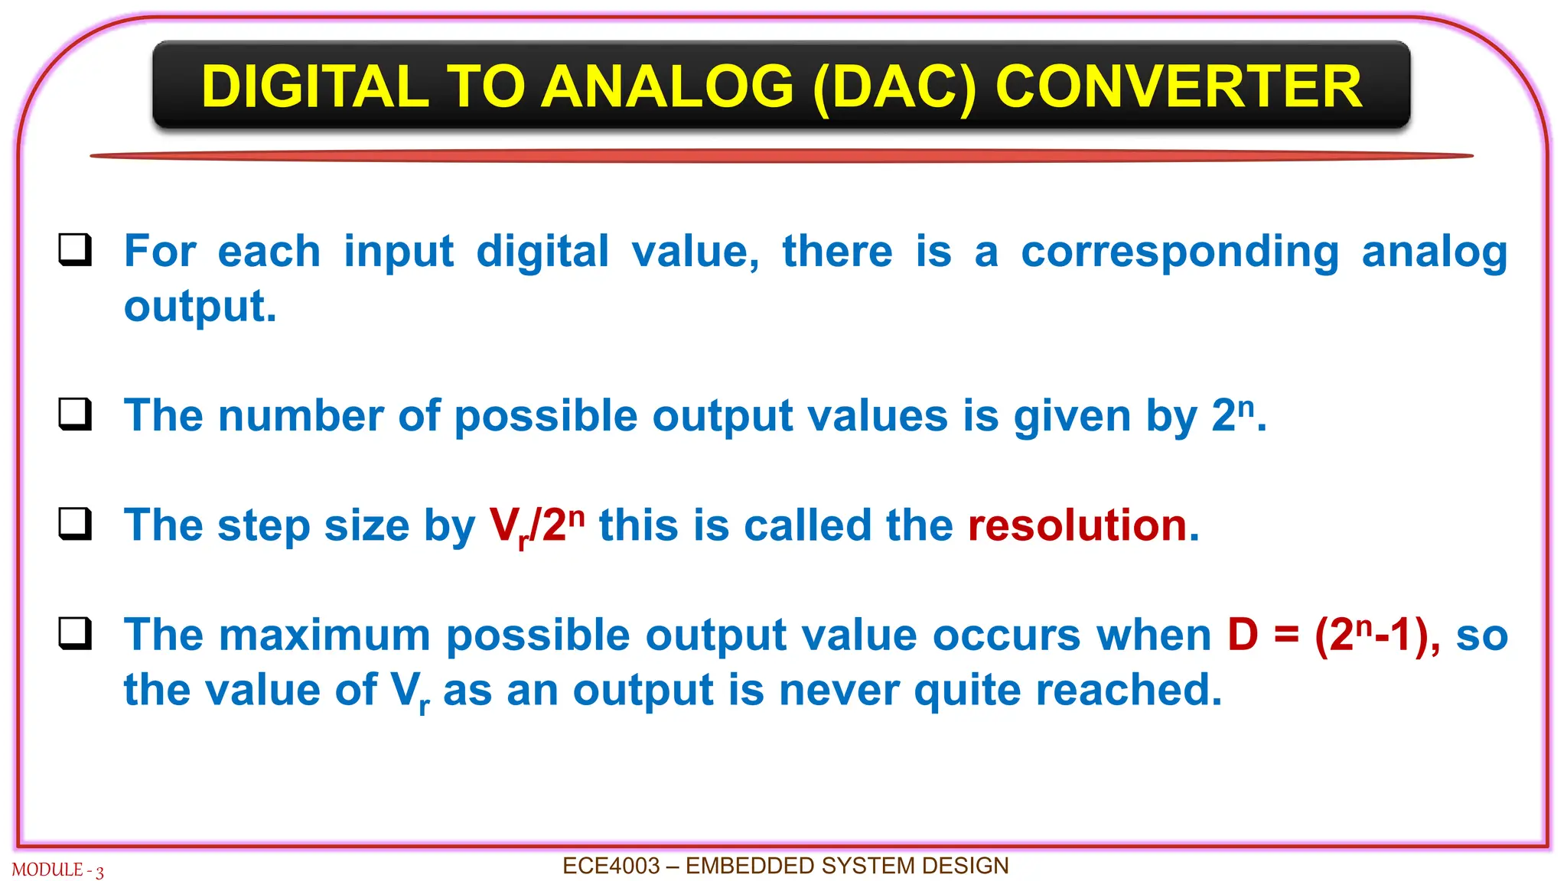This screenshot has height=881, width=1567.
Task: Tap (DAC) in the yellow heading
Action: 894,86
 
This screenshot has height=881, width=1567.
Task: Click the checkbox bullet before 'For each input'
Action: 75,250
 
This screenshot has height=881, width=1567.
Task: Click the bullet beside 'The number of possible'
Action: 75,414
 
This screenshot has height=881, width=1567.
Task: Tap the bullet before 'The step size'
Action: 75,525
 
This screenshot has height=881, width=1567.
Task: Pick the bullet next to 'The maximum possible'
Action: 75,634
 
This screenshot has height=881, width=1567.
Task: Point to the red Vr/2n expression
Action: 536,526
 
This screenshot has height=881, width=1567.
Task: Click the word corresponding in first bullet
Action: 1179,253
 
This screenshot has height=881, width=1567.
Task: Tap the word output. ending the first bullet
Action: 200,307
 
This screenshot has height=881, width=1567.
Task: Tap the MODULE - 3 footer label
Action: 57,870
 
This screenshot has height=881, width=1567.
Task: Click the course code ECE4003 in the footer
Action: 611,866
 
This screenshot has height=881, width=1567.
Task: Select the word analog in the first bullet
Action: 1434,253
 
